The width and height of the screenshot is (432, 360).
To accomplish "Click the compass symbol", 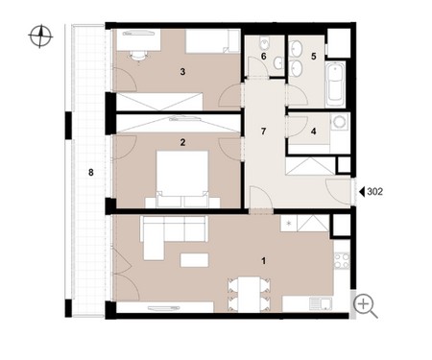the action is (x=40, y=36).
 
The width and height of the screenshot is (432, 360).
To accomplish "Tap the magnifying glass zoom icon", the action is (x=366, y=306).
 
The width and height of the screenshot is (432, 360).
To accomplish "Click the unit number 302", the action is (x=374, y=192).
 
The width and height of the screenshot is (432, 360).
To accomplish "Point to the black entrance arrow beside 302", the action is (x=362, y=192).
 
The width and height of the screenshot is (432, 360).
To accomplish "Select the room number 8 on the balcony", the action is (x=91, y=173).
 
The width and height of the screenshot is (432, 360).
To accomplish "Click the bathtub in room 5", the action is (x=335, y=84).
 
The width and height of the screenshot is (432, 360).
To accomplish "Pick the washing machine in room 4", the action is (x=340, y=122).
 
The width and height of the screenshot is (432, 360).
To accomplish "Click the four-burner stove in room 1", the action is (x=342, y=260).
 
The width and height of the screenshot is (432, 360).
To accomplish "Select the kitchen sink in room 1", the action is (x=321, y=304).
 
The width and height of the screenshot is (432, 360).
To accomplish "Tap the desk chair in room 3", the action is (x=139, y=57).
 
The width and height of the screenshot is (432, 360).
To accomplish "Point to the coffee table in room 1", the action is (x=194, y=260).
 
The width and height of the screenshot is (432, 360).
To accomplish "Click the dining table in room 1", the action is (x=249, y=295).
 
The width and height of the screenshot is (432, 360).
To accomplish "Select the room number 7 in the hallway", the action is (x=263, y=132).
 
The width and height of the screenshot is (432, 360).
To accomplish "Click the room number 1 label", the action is (x=264, y=261).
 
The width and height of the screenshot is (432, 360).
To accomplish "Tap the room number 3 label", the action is (x=182, y=72).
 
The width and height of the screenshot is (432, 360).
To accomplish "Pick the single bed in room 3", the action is (x=213, y=41).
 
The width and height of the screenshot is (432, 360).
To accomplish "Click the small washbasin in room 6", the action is (x=278, y=62).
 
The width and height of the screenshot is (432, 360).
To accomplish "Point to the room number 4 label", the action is (x=314, y=132).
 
